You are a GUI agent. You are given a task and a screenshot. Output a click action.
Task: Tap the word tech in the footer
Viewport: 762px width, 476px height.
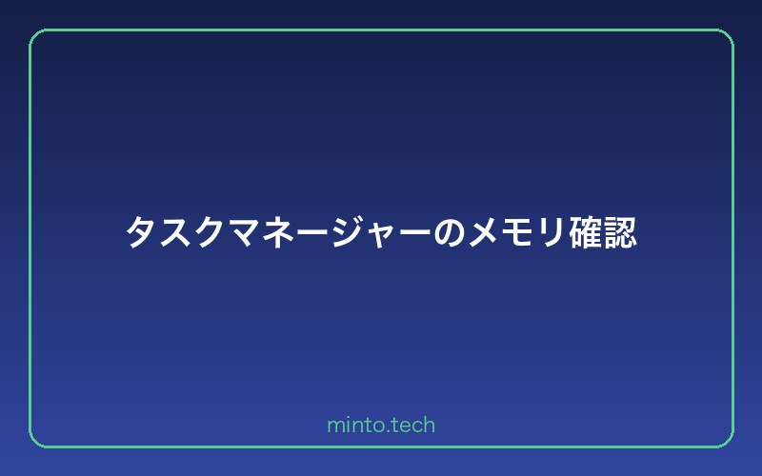click(x=413, y=426)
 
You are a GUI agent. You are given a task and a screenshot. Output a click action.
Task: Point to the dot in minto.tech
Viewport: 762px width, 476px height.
click(x=388, y=431)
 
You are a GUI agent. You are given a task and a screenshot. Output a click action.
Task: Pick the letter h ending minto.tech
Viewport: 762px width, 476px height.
click(x=430, y=425)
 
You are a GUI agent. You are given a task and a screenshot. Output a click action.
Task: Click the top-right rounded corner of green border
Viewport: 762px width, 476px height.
click(x=725, y=37)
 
